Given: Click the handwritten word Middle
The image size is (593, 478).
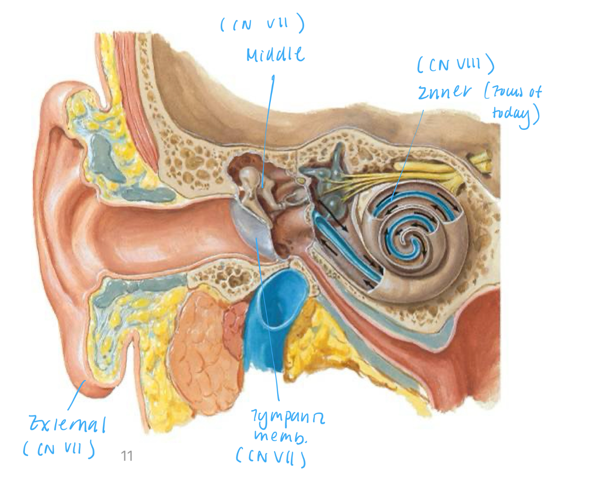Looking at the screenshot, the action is click(x=275, y=54).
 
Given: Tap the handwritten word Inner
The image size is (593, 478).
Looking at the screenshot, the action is click(x=445, y=92).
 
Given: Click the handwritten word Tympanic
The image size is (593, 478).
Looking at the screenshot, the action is click(x=288, y=417).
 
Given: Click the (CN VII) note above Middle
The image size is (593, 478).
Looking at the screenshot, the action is click(x=262, y=25).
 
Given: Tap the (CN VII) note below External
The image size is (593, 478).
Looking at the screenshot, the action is click(x=59, y=449).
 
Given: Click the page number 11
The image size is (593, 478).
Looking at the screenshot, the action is click(x=127, y=456).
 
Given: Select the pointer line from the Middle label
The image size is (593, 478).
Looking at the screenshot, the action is click(x=268, y=126).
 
